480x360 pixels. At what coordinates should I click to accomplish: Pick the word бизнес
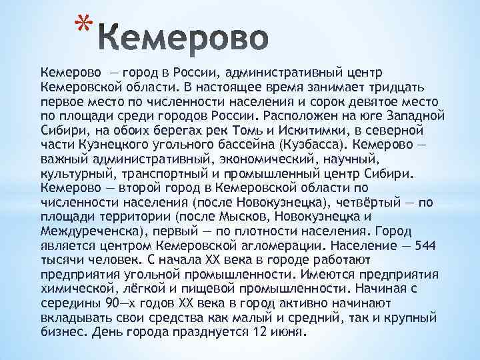click(63, 331)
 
